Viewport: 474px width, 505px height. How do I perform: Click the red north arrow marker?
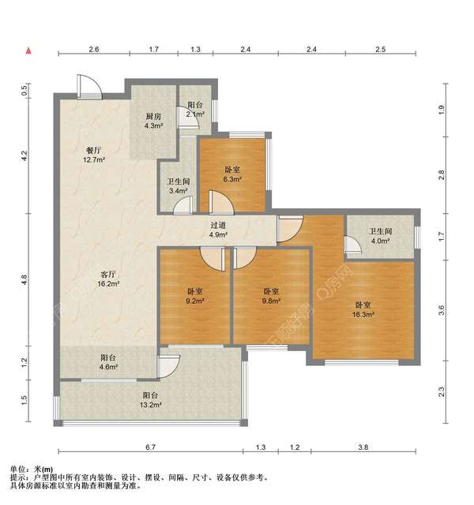tap(28, 50)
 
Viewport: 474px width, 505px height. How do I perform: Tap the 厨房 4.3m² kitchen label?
tap(153, 121)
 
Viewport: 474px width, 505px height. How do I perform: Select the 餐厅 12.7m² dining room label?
tap(94, 155)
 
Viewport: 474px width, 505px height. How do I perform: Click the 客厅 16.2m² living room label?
tap(108, 279)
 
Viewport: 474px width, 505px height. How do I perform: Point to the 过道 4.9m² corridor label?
tap(218, 230)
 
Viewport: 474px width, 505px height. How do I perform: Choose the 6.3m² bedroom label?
tap(232, 174)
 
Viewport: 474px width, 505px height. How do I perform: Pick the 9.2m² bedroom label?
tap(195, 296)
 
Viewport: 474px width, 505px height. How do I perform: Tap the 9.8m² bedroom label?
tap(271, 296)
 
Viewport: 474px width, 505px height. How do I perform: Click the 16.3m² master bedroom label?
tap(363, 309)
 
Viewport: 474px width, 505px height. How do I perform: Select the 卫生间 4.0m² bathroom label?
tap(381, 236)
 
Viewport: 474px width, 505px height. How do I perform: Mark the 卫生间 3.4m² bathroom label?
tap(179, 186)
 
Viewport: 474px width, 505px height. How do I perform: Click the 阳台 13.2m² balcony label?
tap(151, 400)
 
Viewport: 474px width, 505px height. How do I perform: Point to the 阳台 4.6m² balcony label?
tap(108, 362)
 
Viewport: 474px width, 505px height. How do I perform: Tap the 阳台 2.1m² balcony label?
tap(195, 110)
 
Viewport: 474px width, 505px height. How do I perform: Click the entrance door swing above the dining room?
tap(89, 86)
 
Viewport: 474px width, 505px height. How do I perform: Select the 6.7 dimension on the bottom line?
tap(151, 447)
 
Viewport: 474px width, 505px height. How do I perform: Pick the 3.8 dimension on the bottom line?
tap(363, 447)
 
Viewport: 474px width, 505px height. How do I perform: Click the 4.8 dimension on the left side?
tap(24, 279)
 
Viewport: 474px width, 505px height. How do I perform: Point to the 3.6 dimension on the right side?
tap(442, 310)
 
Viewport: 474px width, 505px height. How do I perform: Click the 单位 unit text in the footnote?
tap(17, 469)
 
